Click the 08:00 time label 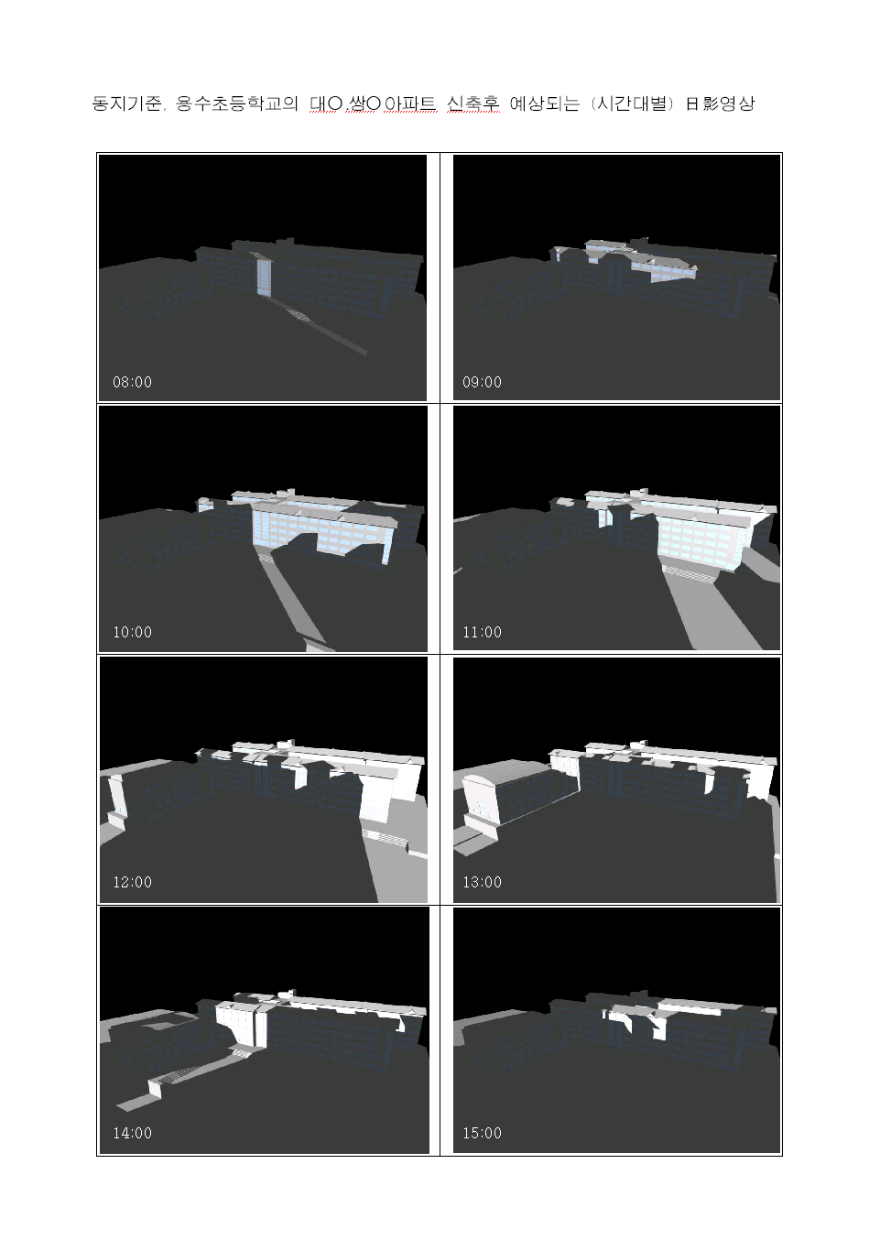coord(132,382)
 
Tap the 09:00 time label coord(482,382)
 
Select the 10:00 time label coord(132,632)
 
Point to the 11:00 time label coord(482,632)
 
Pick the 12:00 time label coord(132,882)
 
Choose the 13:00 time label coord(482,882)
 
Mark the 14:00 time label coord(132,1133)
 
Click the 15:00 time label coord(482,1133)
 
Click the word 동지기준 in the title coord(126,103)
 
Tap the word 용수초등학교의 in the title coord(237,103)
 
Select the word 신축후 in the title coord(473,103)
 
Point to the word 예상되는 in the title coord(544,103)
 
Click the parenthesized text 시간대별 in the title coord(632,103)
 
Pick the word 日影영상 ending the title coord(720,103)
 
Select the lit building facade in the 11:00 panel coord(703,539)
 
